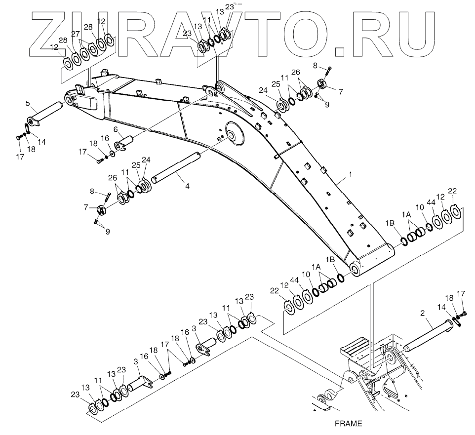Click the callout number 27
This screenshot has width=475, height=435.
point(76,34)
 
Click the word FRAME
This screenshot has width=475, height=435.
point(348,423)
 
